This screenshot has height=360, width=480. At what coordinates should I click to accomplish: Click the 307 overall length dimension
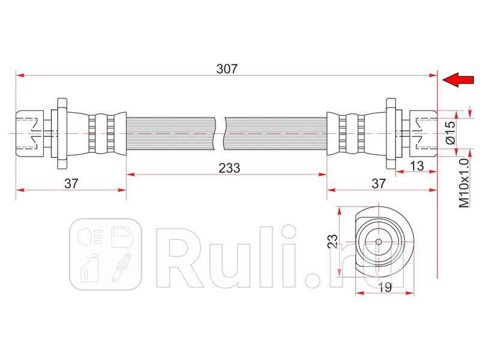pyautogui.click(x=227, y=69)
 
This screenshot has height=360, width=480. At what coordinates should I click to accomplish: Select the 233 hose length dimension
pyautogui.click(x=229, y=168)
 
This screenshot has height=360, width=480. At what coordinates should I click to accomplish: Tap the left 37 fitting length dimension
pyautogui.click(x=71, y=184)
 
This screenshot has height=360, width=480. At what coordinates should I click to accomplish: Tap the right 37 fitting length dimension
pyautogui.click(x=379, y=184)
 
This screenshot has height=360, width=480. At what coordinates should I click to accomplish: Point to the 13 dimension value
pyautogui.click(x=416, y=166)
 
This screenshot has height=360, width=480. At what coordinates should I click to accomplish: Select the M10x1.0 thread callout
pyautogui.click(x=464, y=183)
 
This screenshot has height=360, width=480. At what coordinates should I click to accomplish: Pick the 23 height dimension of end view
pyautogui.click(x=332, y=241)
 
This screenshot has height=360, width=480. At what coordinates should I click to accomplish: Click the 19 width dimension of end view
pyautogui.click(x=385, y=287)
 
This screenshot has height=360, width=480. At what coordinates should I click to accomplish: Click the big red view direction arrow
pyautogui.click(x=458, y=80)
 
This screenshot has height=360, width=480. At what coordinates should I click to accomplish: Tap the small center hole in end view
pyautogui.click(x=379, y=242)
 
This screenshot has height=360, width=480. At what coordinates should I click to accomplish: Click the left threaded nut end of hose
pyautogui.click(x=30, y=133)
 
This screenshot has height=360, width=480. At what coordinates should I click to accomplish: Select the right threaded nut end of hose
pyautogui.click(x=423, y=133)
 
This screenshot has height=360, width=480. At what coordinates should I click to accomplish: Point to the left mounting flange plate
pyautogui.click(x=62, y=133)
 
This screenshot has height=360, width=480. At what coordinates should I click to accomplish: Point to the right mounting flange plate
pyautogui.click(x=391, y=133)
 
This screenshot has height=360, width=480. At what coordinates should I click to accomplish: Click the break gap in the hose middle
pyautogui.click(x=220, y=133)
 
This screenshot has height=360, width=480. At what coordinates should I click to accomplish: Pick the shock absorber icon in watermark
pyautogui.click(x=121, y=268)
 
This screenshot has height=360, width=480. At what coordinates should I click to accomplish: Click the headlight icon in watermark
pyautogui.click(x=89, y=236)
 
